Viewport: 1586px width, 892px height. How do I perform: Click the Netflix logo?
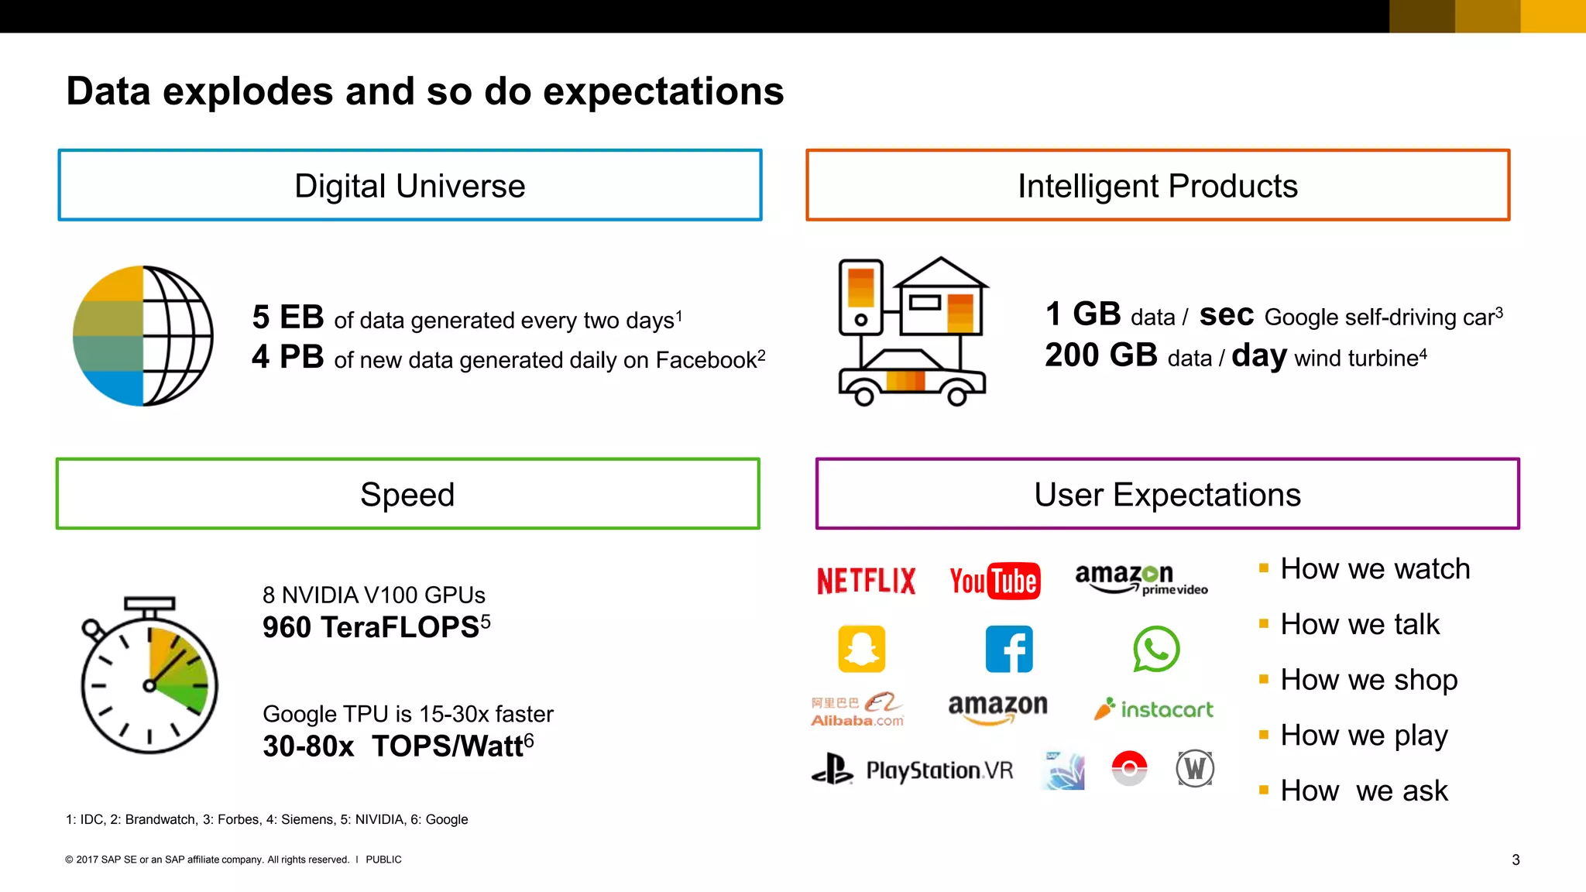click(x=866, y=581)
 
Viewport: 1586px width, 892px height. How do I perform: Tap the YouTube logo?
click(x=994, y=581)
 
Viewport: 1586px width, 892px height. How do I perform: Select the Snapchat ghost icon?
click(x=861, y=649)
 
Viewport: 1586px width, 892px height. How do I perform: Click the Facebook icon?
click(x=1008, y=649)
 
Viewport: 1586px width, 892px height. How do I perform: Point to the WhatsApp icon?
click(x=1155, y=649)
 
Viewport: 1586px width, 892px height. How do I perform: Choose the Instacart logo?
click(x=1154, y=709)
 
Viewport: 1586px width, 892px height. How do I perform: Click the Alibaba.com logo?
click(x=857, y=709)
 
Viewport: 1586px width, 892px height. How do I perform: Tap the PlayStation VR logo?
click(x=912, y=770)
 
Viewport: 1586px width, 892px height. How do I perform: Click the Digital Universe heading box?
click(x=410, y=186)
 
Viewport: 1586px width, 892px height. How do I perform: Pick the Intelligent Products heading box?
click(x=1157, y=186)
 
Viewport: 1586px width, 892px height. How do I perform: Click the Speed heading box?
click(x=407, y=494)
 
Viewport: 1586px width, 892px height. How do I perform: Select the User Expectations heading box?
click(x=1167, y=494)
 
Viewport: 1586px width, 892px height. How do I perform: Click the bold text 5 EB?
click(x=287, y=317)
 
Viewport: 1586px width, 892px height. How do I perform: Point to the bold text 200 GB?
click(x=1100, y=355)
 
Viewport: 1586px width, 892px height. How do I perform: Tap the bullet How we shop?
click(x=1368, y=680)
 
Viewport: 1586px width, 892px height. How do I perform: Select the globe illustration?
click(x=143, y=336)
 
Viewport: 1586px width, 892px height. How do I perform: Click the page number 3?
click(x=1516, y=859)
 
